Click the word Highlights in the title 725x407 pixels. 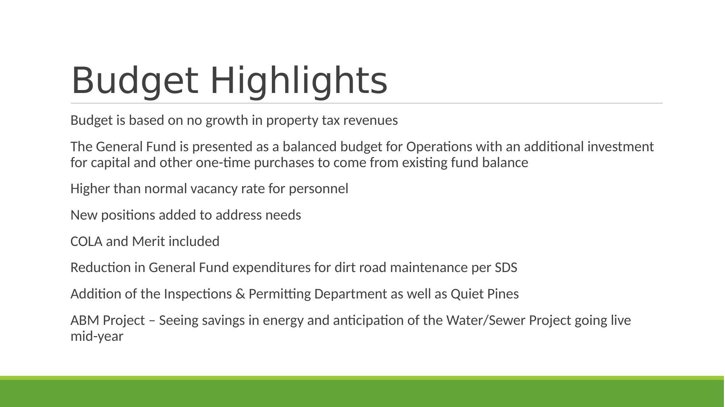(x=299, y=80)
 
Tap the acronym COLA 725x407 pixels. (x=86, y=242)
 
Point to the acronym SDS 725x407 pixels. (x=506, y=268)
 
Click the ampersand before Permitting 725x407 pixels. (x=240, y=294)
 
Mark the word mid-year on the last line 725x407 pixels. (x=97, y=336)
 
